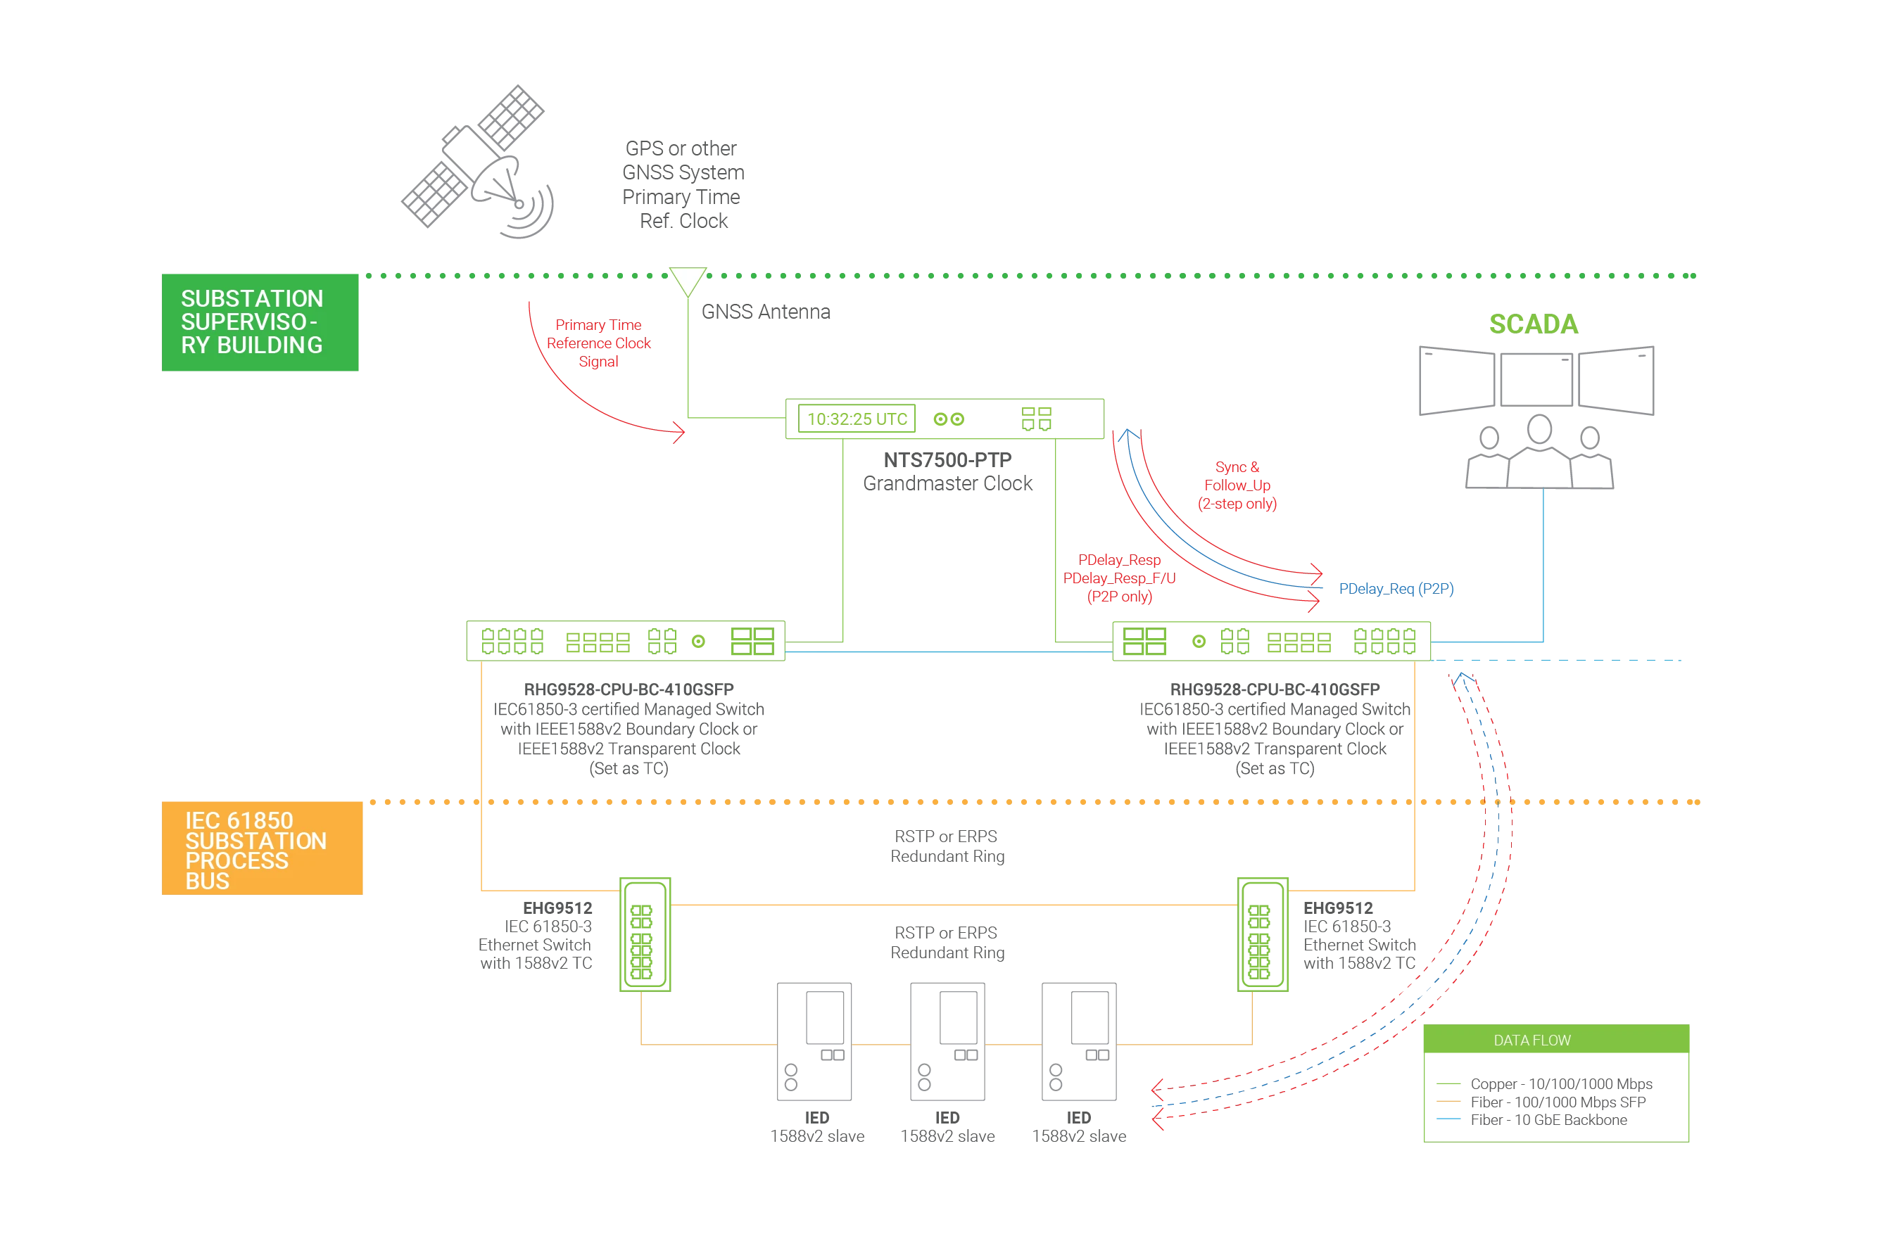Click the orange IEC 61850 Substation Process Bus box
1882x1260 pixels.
click(262, 848)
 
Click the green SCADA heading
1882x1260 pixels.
click(1534, 324)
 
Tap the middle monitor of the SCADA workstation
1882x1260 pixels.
click(1536, 378)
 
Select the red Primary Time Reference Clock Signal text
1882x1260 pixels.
click(599, 344)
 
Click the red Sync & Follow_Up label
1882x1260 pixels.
click(1237, 486)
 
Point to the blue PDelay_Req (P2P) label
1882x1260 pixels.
click(1397, 589)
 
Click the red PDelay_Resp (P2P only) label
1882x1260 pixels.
click(1120, 578)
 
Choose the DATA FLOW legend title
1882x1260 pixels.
click(1532, 1041)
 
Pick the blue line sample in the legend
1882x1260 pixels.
click(1448, 1118)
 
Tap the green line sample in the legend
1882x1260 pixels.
click(1448, 1083)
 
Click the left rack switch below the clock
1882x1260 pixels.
click(625, 641)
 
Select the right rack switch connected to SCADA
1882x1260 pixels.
click(1272, 641)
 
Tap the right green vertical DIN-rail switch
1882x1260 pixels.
click(1261, 934)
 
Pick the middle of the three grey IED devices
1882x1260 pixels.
click(945, 1041)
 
